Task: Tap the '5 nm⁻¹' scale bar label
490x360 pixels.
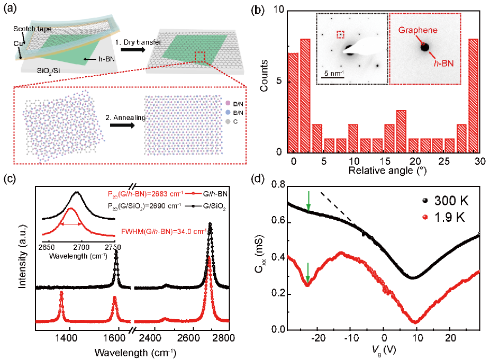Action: click(x=333, y=73)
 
